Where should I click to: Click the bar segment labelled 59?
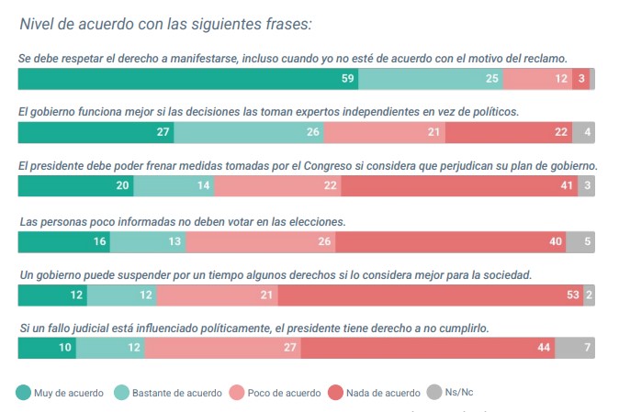(188, 79)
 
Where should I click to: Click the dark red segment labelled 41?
(458, 186)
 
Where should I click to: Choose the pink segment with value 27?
(221, 349)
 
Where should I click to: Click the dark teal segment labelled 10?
(47, 349)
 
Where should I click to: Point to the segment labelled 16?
(64, 242)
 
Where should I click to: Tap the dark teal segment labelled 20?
(75, 186)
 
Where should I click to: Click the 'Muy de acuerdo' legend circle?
(23, 393)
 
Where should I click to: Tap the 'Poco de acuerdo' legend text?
(287, 393)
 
